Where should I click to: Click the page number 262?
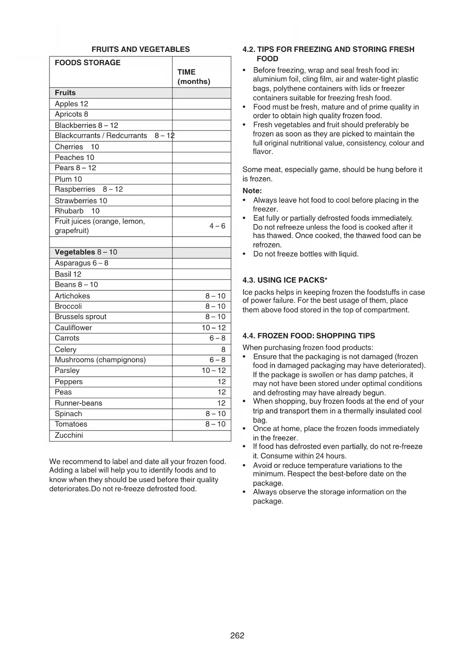point(237,635)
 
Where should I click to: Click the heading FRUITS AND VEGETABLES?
point(141,49)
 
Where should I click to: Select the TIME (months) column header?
point(194,77)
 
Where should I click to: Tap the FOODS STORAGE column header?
point(87,63)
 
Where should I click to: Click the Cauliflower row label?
point(73,328)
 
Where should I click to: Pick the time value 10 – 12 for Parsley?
point(214,370)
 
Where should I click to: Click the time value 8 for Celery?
point(223,349)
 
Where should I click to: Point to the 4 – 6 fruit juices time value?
point(217,226)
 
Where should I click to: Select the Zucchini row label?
point(69,435)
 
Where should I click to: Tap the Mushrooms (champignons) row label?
point(100,360)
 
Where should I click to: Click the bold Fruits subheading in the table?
point(65,93)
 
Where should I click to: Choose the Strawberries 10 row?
point(81,201)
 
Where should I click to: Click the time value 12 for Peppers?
point(222,381)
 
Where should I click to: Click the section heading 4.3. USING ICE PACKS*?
point(285,280)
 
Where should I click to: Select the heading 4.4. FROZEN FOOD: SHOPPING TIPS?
point(309,336)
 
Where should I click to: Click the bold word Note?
point(252,191)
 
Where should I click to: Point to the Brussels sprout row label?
point(81,317)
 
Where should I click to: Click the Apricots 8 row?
point(71,114)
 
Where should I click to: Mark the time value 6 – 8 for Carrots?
point(217,338)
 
